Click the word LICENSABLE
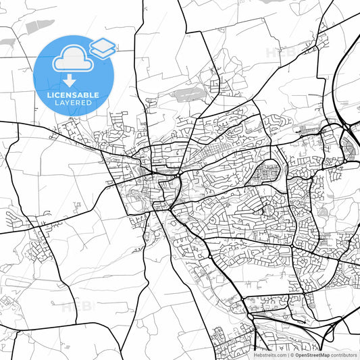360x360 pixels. click(73, 95)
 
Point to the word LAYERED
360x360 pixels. click(73, 103)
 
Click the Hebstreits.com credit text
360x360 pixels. click(269, 354)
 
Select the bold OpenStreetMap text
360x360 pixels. click(312, 354)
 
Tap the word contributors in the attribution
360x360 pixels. click(344, 354)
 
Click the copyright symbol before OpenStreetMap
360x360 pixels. click(291, 354)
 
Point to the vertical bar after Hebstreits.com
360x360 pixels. click(286, 354)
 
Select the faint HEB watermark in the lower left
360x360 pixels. click(76, 307)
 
